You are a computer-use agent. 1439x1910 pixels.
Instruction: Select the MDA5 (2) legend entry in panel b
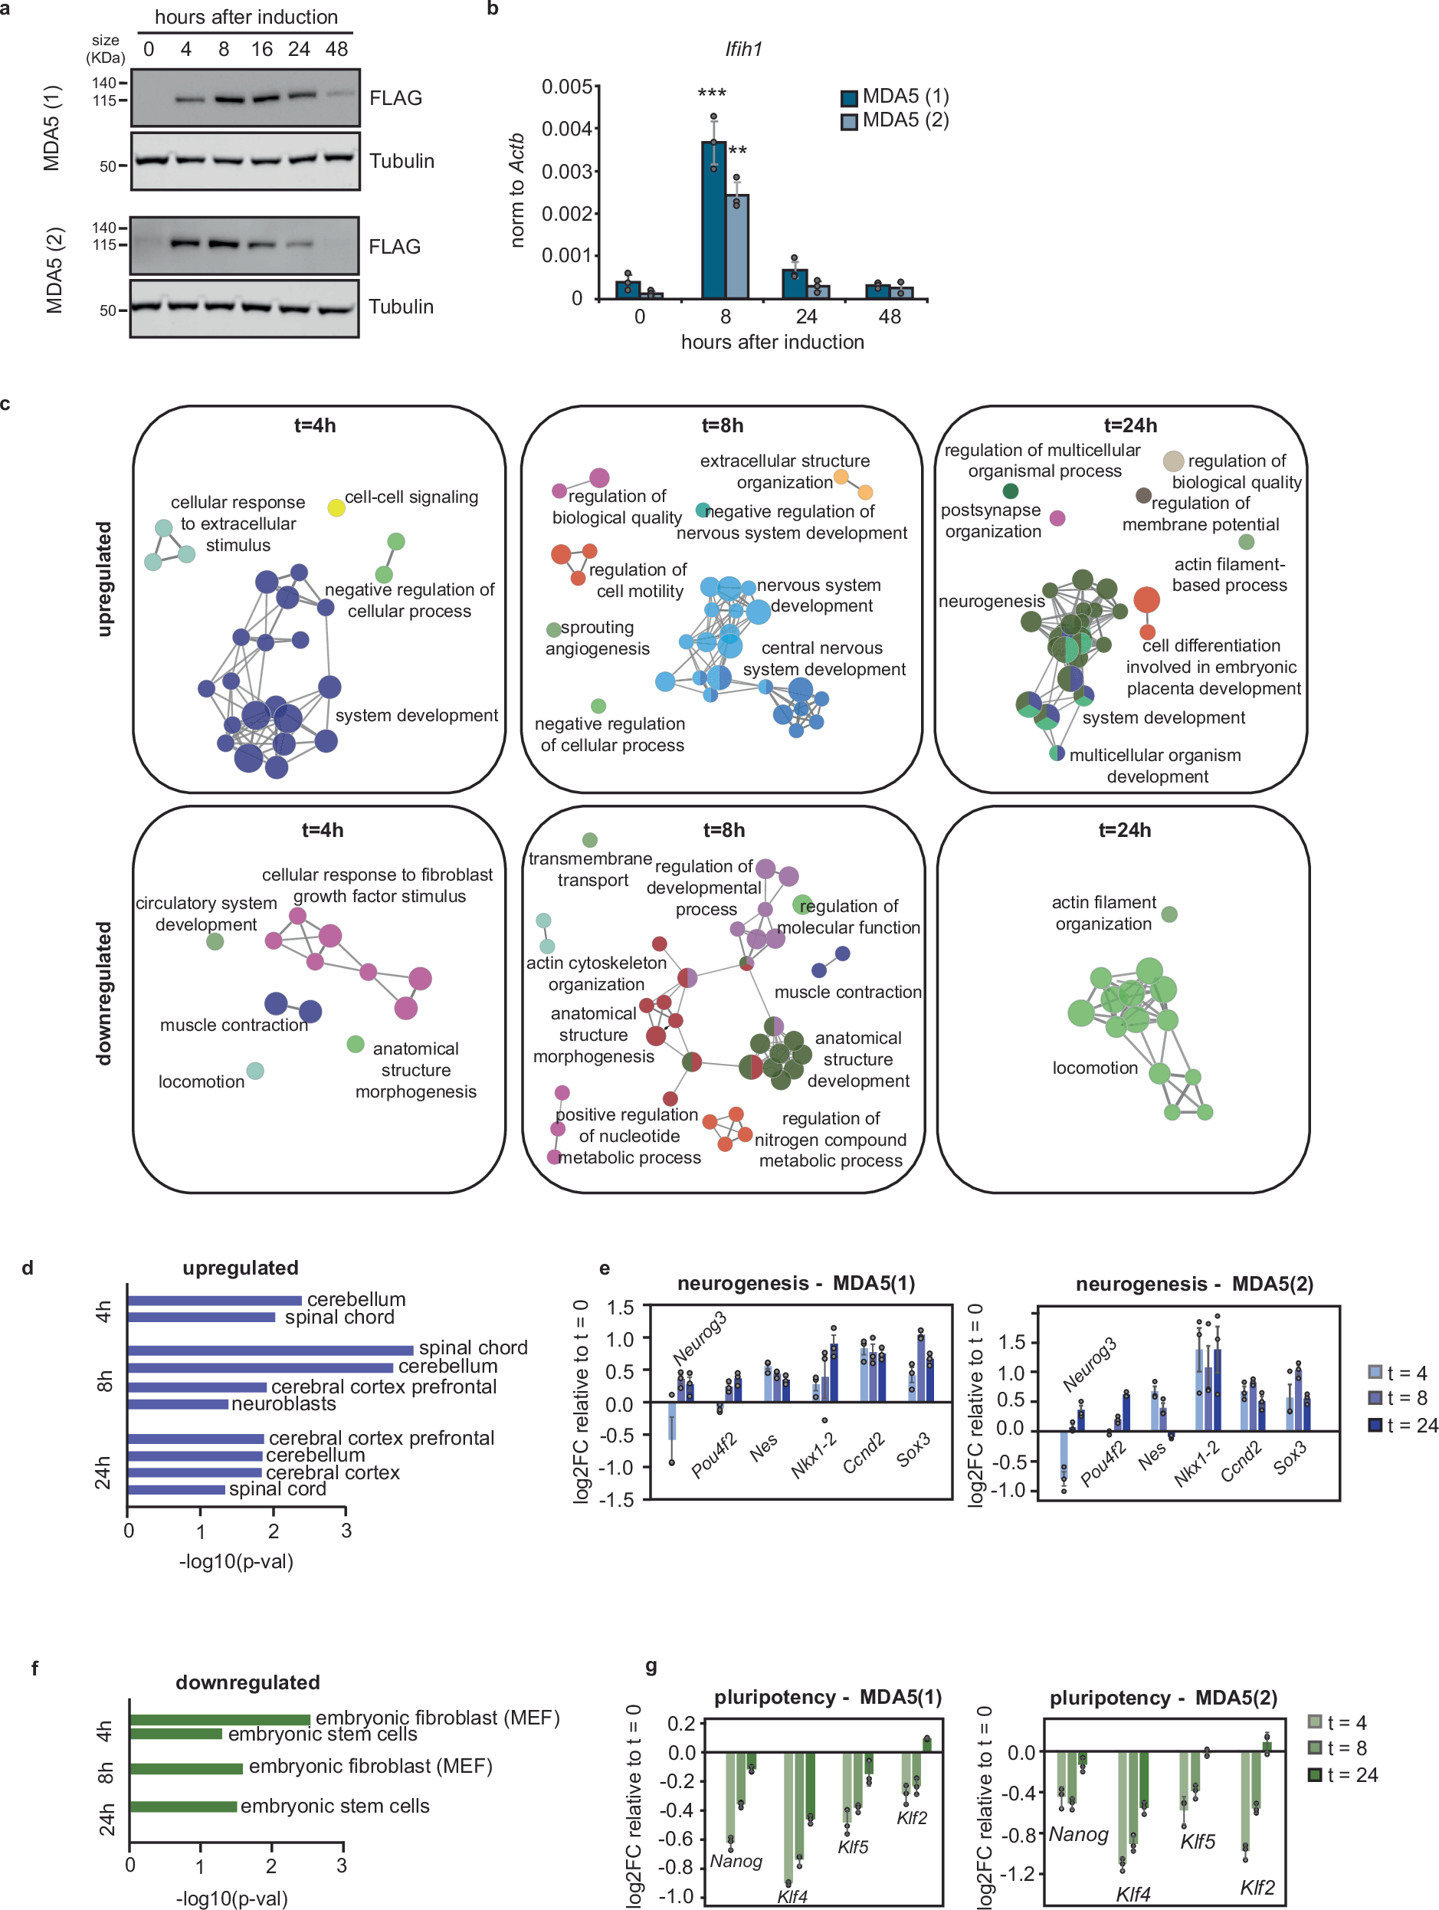pyautogui.click(x=894, y=120)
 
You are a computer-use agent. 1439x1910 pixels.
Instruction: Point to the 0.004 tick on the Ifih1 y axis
pyautogui.click(x=566, y=129)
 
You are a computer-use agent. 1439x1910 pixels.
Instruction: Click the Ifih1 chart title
pyautogui.click(x=743, y=49)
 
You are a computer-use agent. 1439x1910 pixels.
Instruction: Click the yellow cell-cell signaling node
pyautogui.click(x=336, y=507)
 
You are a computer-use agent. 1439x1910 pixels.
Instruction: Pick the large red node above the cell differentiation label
pyautogui.click(x=1146, y=599)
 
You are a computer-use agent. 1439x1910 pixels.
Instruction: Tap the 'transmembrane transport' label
pyautogui.click(x=592, y=868)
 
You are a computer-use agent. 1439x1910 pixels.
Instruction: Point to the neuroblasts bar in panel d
pyautogui.click(x=177, y=1404)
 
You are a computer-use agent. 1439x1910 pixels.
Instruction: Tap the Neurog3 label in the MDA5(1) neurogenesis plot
pyautogui.click(x=700, y=1337)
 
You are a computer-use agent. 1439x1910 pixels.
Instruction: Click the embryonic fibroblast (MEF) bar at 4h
pyautogui.click(x=219, y=1719)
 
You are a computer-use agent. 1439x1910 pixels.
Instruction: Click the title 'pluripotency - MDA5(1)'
pyautogui.click(x=827, y=1697)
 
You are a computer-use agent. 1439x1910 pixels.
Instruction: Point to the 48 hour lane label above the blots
pyautogui.click(x=336, y=49)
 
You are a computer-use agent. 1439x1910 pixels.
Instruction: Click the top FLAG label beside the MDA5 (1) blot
pyautogui.click(x=395, y=97)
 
